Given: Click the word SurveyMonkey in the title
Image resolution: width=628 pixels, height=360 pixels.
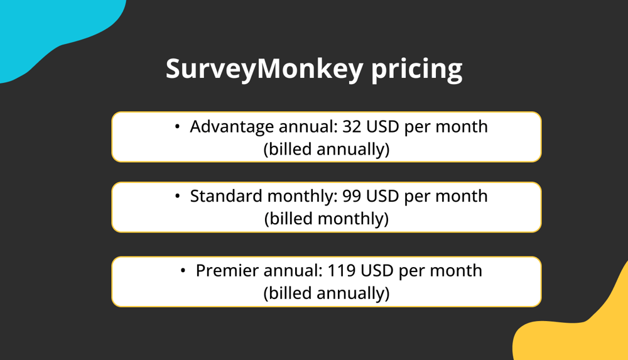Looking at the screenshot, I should [x=264, y=68].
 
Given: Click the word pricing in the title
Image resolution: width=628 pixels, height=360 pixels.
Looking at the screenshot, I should [x=416, y=70].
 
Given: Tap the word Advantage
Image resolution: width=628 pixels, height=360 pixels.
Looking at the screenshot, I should [x=232, y=127].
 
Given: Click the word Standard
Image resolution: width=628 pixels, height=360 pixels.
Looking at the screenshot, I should [x=226, y=196].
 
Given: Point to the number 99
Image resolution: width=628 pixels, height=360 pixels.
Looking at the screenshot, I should [x=352, y=196].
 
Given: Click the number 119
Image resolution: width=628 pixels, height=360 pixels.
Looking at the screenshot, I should [x=342, y=271].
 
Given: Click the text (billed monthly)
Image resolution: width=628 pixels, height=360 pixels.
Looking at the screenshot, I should [x=326, y=219].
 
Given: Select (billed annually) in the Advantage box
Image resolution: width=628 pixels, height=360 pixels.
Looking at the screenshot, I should [x=326, y=150].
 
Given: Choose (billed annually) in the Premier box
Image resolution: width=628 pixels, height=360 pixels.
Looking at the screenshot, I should [x=326, y=293].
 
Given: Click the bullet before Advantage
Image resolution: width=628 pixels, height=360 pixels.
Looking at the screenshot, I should [x=178, y=127].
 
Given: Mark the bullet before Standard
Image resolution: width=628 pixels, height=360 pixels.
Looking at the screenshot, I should [x=178, y=197].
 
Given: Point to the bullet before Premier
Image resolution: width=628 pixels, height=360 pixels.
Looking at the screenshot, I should [x=183, y=271].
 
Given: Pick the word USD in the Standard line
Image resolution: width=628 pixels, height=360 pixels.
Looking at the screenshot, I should [x=382, y=196].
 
